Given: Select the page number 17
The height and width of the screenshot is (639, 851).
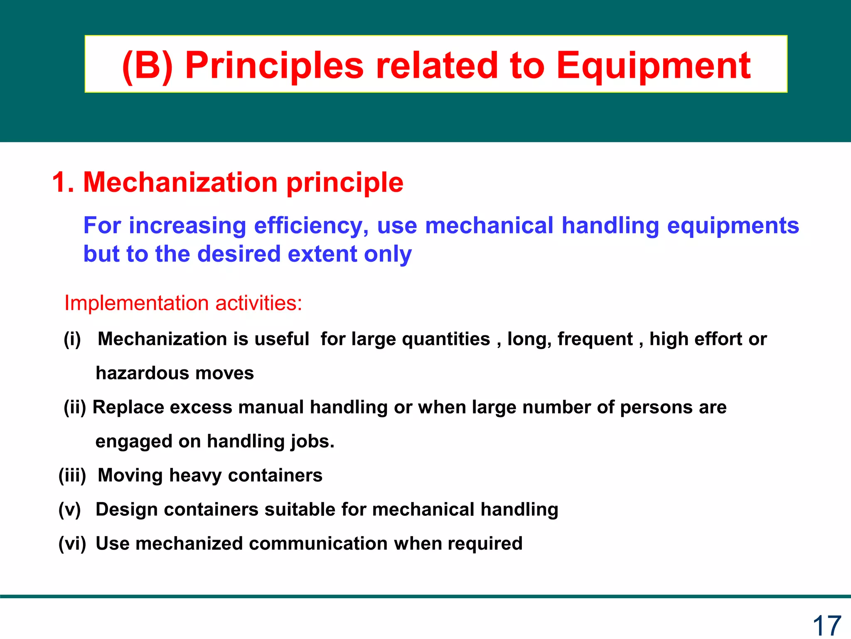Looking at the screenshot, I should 826,625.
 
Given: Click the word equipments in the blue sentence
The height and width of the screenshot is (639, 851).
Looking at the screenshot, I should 733,226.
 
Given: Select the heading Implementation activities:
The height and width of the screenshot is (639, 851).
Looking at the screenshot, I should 183,303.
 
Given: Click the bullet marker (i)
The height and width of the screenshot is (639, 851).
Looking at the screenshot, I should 72,339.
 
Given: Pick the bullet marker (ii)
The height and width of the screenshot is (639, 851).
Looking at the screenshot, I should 75,407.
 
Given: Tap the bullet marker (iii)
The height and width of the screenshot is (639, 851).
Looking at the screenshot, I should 72,476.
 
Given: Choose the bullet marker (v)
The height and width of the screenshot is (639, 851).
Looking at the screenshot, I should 70,510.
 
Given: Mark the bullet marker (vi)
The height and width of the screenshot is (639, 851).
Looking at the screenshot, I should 72,544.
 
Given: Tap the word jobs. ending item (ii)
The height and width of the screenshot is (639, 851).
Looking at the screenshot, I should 312,441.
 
